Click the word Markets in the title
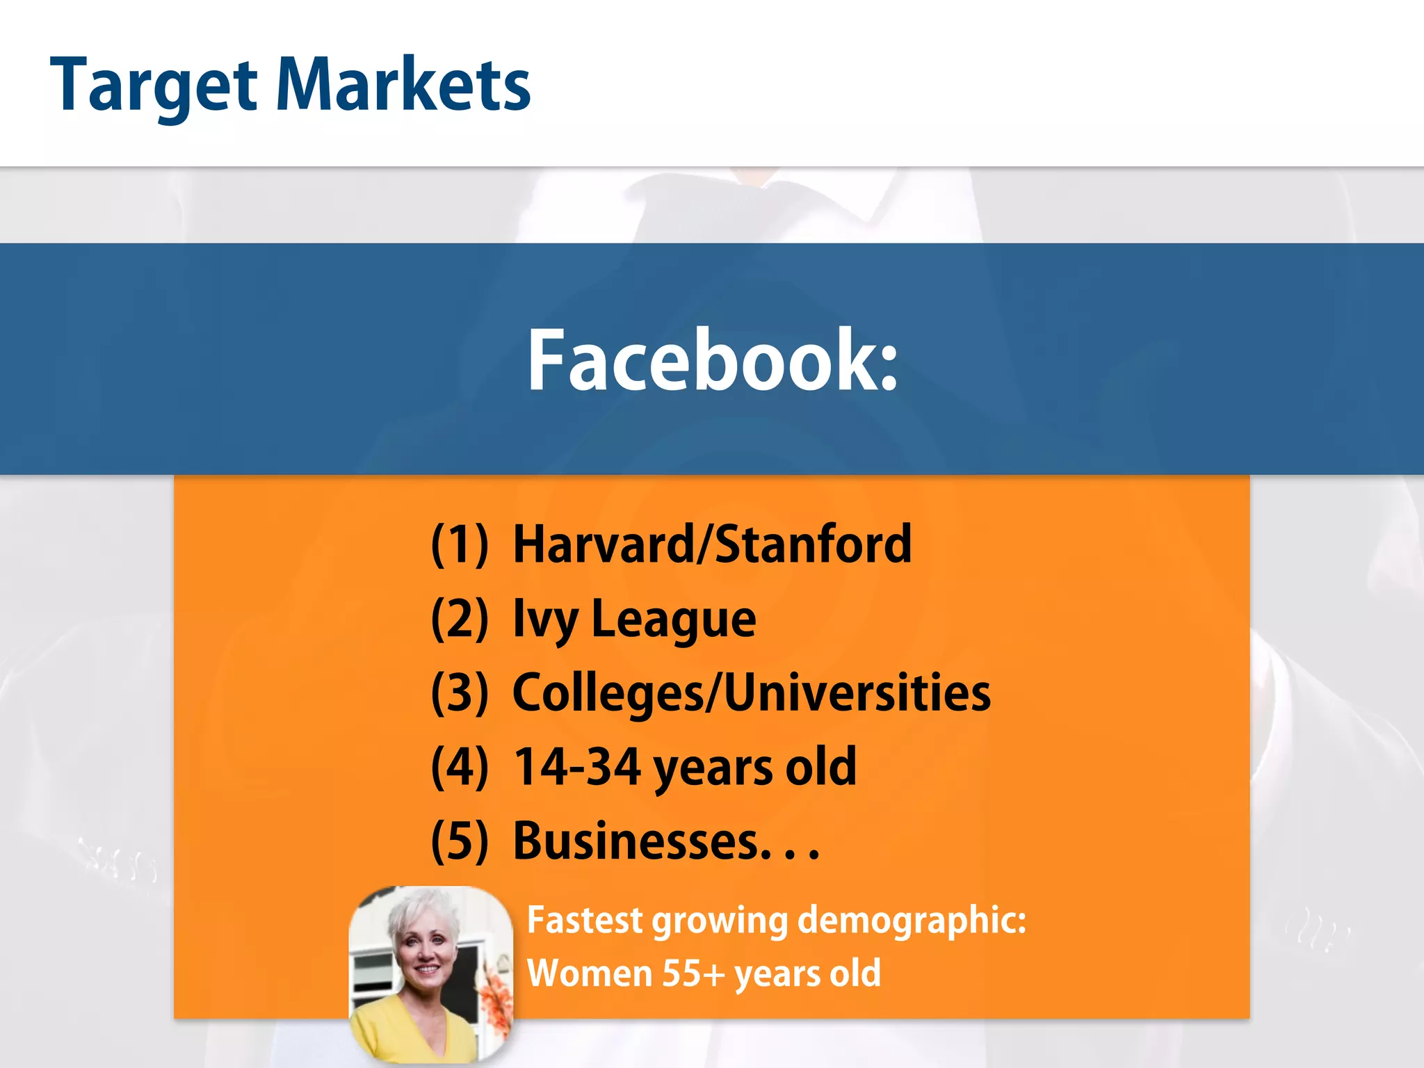(403, 85)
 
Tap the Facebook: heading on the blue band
(712, 360)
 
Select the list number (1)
(460, 544)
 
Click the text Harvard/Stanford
(711, 544)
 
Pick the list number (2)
(460, 618)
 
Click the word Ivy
(544, 618)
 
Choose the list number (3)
(460, 693)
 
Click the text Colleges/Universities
(751, 693)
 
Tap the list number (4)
(460, 767)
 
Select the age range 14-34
(576, 767)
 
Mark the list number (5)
(460, 841)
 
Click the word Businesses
(636, 841)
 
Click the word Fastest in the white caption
(584, 921)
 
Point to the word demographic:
(912, 921)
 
